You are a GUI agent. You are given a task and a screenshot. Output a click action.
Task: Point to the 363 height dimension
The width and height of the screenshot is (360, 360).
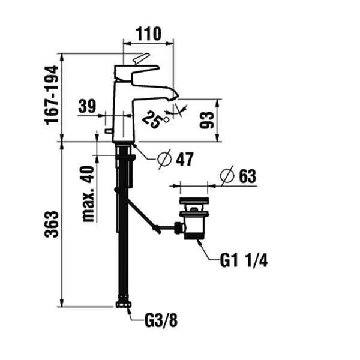click(52, 224)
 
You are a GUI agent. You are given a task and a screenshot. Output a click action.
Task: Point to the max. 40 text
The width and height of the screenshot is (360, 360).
click(89, 194)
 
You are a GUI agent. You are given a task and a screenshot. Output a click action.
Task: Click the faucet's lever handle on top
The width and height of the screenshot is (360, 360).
click(140, 59)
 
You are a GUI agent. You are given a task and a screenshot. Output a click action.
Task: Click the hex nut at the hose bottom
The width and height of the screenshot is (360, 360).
click(123, 306)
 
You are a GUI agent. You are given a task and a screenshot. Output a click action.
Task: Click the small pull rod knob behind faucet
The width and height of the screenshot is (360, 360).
click(108, 130)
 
